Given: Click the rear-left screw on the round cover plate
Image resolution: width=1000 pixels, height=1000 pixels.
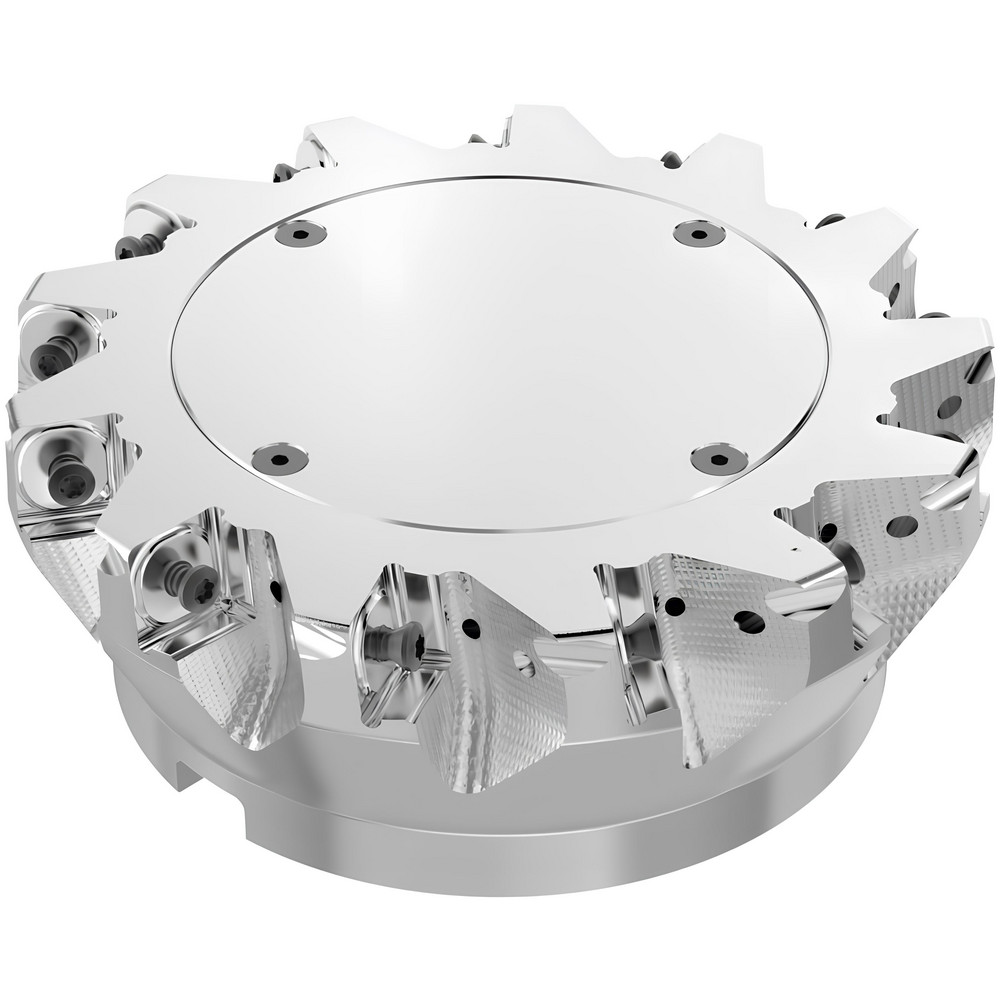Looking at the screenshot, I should [x=301, y=234].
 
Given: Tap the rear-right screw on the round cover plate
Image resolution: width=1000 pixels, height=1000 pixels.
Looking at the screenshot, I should [x=699, y=234].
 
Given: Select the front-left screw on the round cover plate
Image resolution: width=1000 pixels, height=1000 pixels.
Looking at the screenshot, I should [x=279, y=458].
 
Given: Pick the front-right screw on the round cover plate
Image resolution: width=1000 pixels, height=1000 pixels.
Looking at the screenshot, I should [x=718, y=459].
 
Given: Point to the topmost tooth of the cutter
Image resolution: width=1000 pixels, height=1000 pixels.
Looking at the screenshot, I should [x=530, y=116].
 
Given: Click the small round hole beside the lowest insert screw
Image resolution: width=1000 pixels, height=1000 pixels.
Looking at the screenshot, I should [x=468, y=628].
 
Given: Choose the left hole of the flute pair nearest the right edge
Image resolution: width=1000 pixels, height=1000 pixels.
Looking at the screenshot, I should [x=831, y=531].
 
